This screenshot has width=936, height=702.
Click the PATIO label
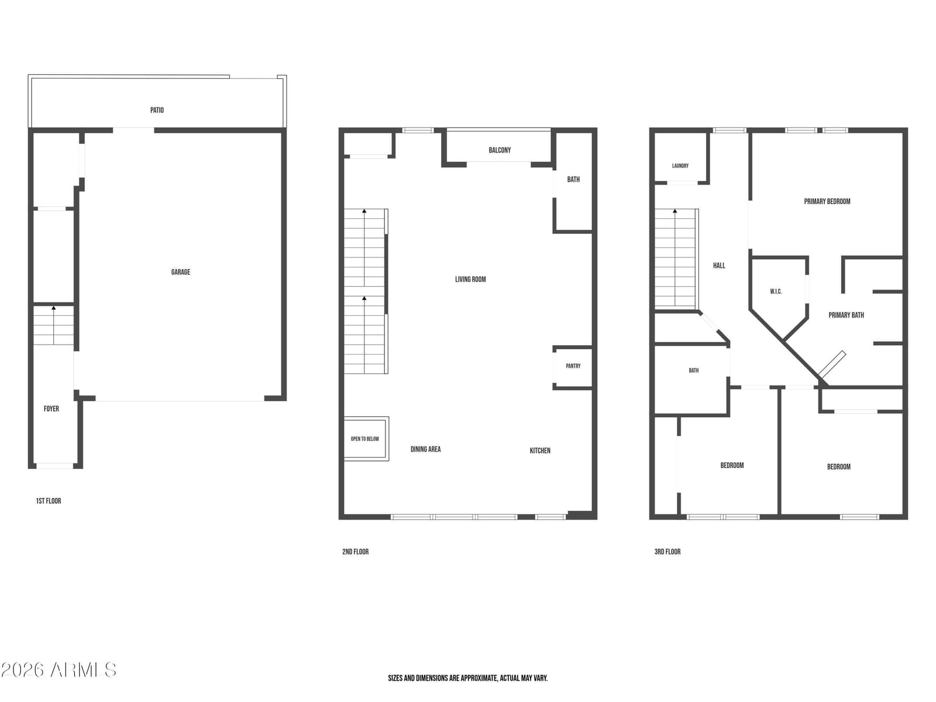157,110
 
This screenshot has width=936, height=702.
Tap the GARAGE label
180,272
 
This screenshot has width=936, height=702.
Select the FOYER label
51,409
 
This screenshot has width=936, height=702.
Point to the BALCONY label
500,150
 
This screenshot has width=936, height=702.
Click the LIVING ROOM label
470,279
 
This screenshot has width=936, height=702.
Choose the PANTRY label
573,366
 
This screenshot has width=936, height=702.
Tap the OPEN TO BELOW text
364,439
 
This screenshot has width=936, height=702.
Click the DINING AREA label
425,449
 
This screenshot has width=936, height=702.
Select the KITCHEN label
540,450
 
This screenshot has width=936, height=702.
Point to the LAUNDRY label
680,166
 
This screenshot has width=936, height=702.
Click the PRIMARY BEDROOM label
827,201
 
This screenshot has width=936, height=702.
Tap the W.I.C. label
776,291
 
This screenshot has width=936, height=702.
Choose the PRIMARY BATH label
846,315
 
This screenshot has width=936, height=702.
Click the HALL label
719,266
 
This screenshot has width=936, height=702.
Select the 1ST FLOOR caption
48,501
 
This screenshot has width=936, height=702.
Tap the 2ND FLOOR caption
355,552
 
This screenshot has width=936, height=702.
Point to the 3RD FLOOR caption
667,552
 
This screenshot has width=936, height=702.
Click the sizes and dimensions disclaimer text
468,678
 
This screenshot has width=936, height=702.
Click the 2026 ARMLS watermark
58,670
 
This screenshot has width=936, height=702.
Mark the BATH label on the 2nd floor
573,180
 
